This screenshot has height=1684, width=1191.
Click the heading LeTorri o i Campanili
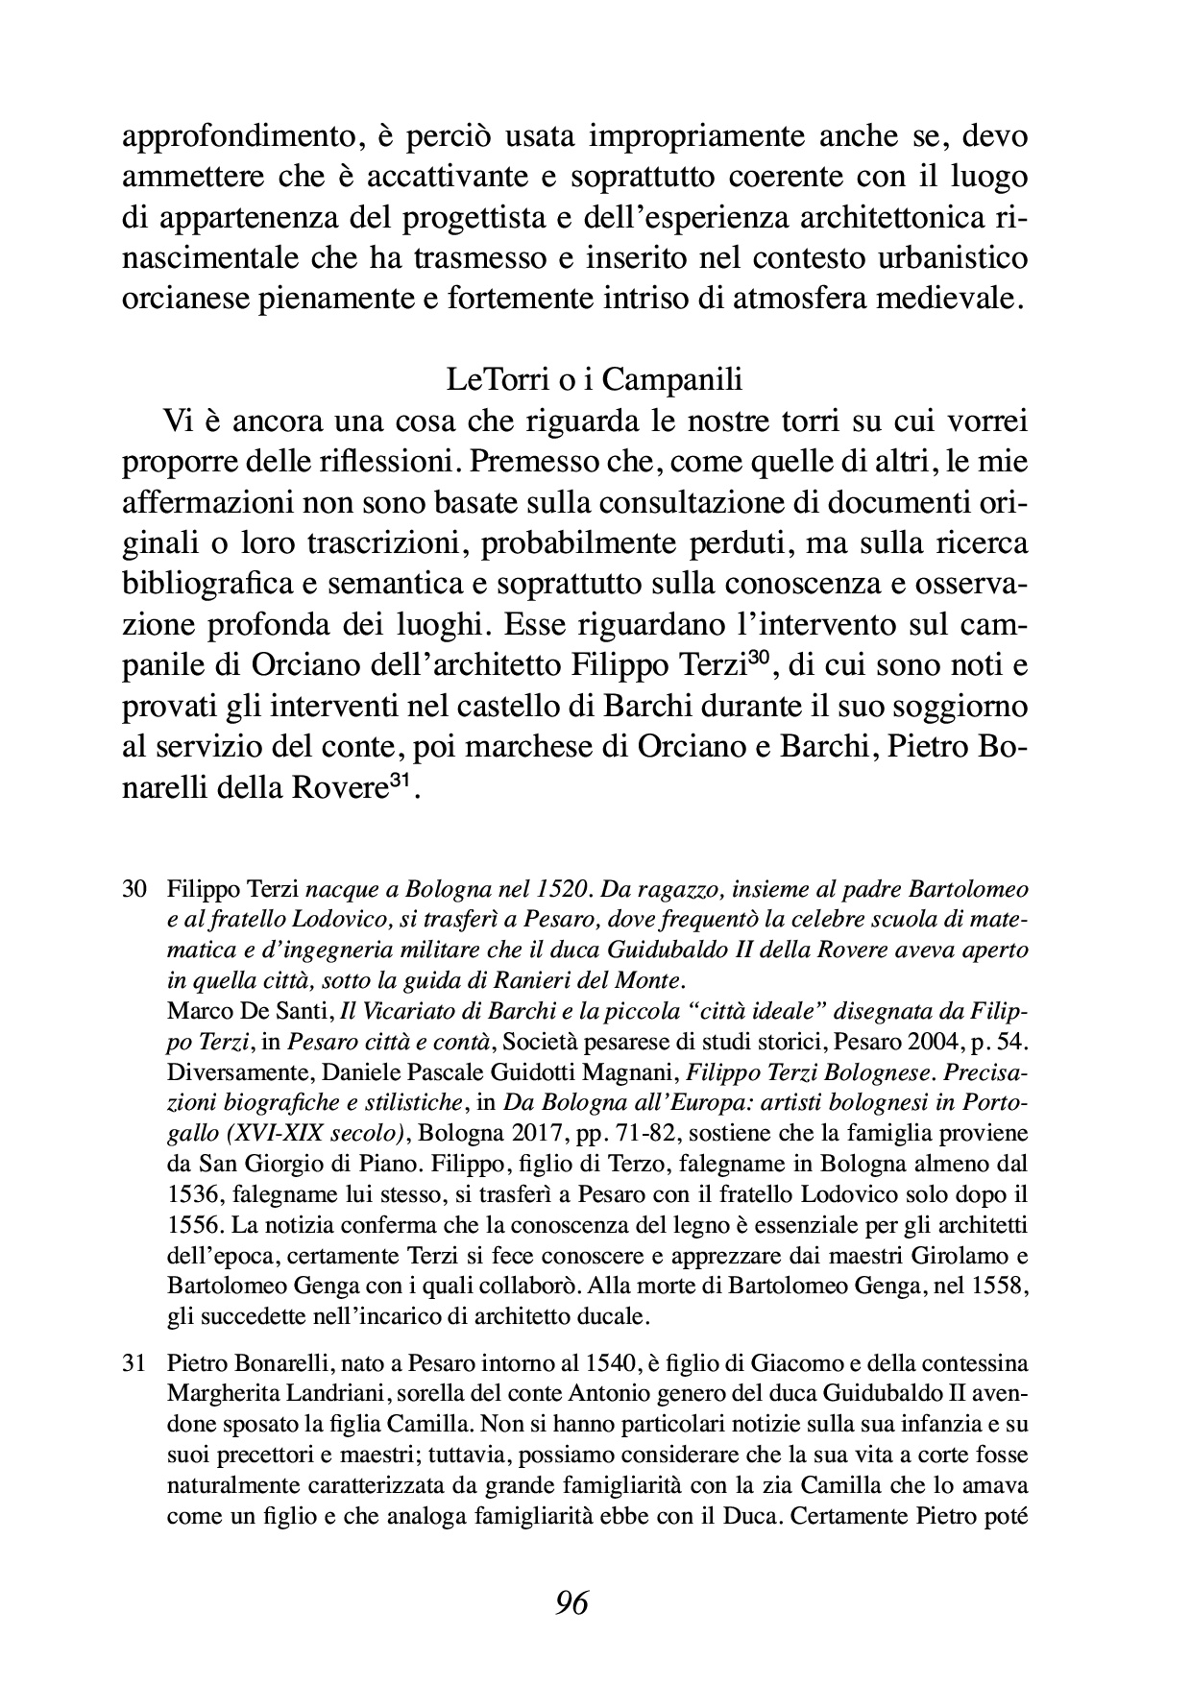coord(595,380)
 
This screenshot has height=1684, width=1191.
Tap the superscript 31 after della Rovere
coord(398,782)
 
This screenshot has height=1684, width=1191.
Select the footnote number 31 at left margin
coord(134,1362)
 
